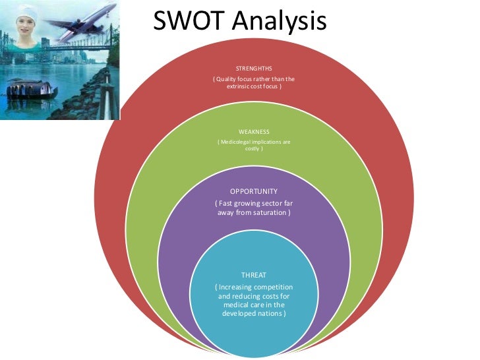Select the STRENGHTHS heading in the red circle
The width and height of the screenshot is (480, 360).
pos(254,69)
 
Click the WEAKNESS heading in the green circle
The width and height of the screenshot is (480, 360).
pos(254,132)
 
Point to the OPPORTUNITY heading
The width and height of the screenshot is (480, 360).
pos(254,192)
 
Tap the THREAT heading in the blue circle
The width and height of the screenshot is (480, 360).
pos(254,274)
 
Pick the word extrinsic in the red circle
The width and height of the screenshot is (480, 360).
pos(240,87)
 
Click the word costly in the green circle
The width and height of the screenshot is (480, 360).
pos(253,149)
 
